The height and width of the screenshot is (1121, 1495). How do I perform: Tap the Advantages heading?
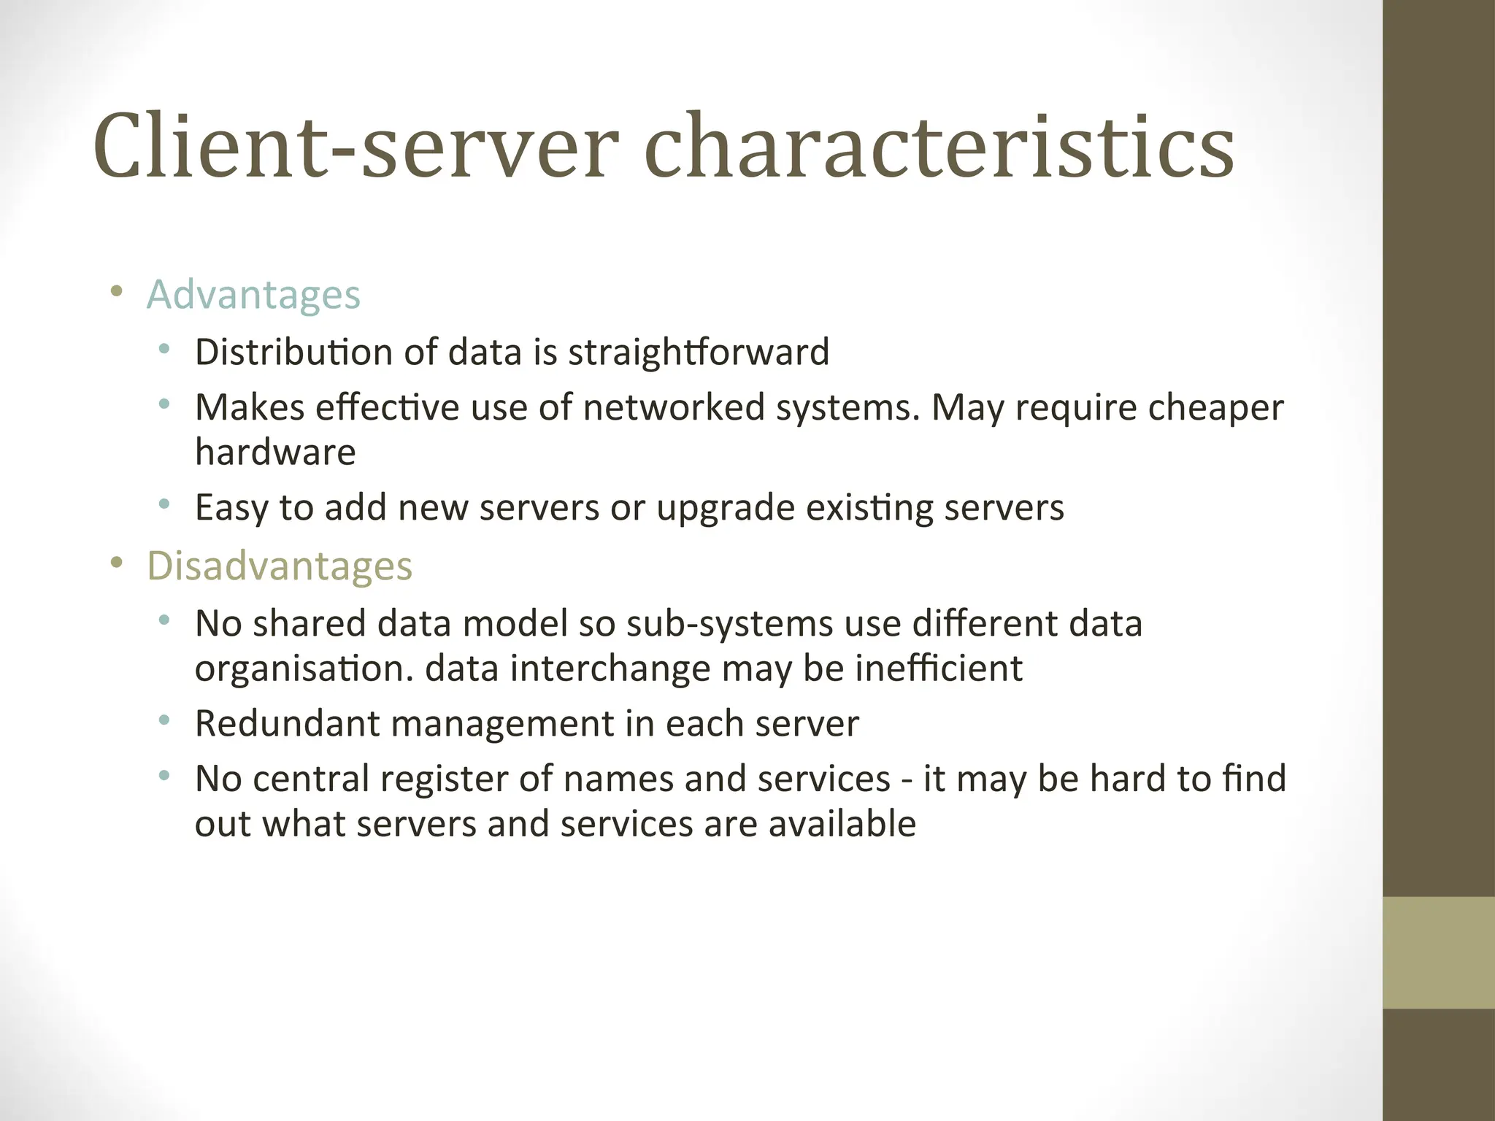click(x=253, y=295)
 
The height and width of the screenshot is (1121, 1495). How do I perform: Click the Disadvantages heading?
click(x=280, y=566)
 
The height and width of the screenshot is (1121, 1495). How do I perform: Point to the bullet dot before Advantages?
click(x=115, y=293)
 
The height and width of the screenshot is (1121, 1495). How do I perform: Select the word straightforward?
click(x=699, y=352)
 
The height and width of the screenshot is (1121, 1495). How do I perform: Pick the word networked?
click(x=673, y=407)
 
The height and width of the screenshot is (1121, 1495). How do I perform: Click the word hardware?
click(x=275, y=452)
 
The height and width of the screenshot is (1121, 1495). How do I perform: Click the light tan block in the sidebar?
click(x=1439, y=952)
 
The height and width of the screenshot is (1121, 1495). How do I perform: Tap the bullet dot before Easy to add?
click(x=164, y=504)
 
